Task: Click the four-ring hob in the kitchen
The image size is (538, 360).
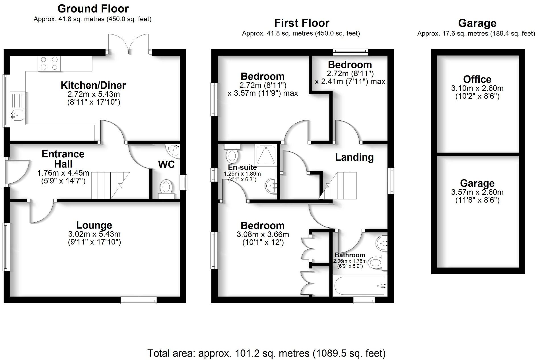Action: pyautogui.click(x=49, y=63)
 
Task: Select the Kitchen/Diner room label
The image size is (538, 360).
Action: pyautogui.click(x=93, y=85)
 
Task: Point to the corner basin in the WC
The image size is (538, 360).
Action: pyautogui.click(x=174, y=151)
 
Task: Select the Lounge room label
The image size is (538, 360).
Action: pyautogui.click(x=94, y=225)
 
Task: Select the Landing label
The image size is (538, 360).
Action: pyautogui.click(x=354, y=157)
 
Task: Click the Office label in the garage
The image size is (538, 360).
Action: pyautogui.click(x=477, y=79)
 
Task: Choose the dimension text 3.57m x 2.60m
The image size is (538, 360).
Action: pyautogui.click(x=477, y=192)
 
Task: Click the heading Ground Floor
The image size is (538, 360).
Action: pyautogui.click(x=93, y=9)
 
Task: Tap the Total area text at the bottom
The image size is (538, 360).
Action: pyautogui.click(x=266, y=353)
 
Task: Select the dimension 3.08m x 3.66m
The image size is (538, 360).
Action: pyautogui.click(x=263, y=234)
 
